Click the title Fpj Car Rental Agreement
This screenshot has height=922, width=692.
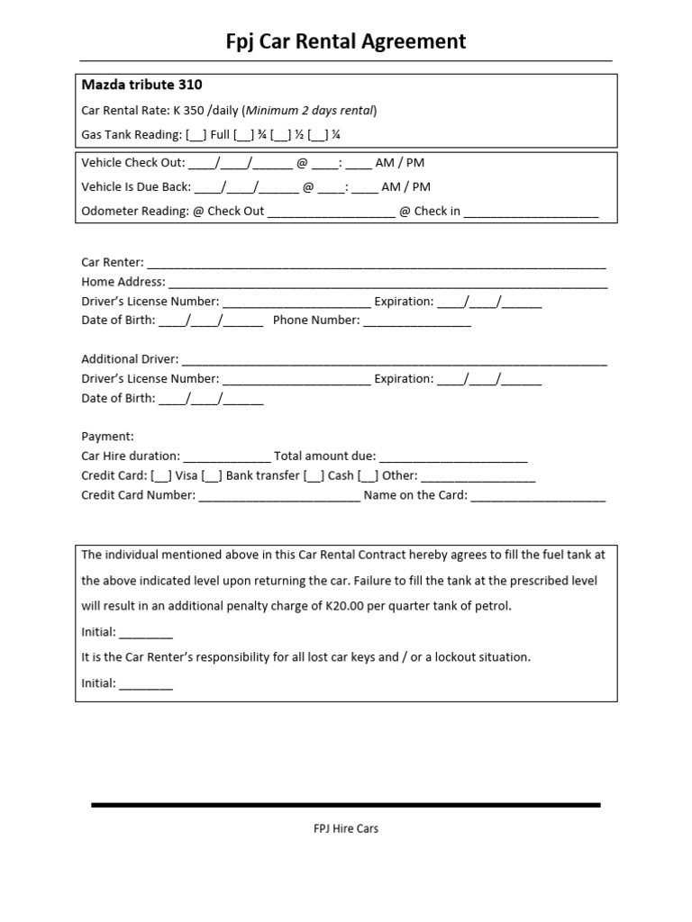[345, 41]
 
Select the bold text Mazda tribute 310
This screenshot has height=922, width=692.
[141, 86]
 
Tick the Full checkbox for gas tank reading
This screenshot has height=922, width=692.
[196, 136]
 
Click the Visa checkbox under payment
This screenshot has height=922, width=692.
[161, 475]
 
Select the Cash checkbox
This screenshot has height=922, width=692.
[314, 475]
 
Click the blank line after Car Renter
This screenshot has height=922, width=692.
[376, 264]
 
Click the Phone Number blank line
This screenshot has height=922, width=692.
[416, 321]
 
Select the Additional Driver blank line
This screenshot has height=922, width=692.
[394, 360]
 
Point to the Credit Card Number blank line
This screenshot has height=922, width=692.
[278, 496]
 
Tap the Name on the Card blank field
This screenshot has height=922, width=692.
[538, 496]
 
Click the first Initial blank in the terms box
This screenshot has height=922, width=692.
[145, 633]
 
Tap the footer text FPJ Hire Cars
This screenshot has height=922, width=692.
[345, 828]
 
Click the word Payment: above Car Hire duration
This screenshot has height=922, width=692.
[107, 437]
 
